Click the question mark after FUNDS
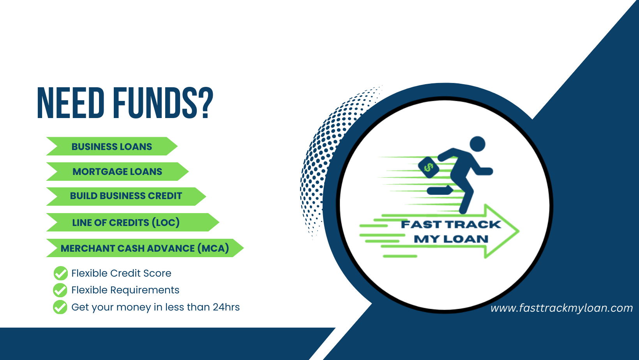click(205, 103)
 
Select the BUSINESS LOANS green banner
click(112, 146)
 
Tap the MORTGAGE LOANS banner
click(117, 171)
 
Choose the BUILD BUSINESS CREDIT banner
click(126, 196)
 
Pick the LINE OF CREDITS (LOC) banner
click(132, 222)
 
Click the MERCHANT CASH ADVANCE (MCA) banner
click(145, 248)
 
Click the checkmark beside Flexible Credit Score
click(60, 273)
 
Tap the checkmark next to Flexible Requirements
click(60, 290)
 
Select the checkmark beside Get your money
click(60, 307)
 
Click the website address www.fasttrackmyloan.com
click(561, 308)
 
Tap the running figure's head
click(477, 144)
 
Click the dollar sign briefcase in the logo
click(429, 168)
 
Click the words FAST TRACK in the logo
click(451, 224)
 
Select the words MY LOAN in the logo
click(451, 239)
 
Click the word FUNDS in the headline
click(155, 103)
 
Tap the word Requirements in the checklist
click(145, 290)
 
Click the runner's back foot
click(440, 190)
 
